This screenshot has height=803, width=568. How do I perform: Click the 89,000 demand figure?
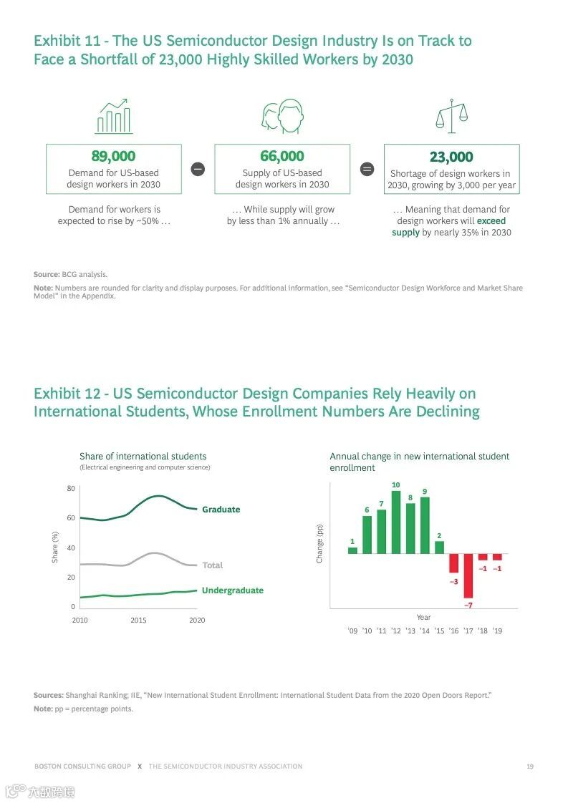point(113,156)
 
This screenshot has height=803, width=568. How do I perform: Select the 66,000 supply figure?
point(282,156)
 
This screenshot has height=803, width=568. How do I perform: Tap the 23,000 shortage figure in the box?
point(451,157)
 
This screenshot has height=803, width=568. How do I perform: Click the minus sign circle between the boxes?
point(198,169)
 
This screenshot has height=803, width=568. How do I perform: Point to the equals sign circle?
point(367,169)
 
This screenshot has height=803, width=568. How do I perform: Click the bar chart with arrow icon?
point(114,116)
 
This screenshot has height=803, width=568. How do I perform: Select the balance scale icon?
point(451,116)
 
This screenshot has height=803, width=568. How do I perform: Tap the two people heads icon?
point(281,117)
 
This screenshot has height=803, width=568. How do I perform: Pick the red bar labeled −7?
point(468,575)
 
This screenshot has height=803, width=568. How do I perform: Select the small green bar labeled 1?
point(352,550)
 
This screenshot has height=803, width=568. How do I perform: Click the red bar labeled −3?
point(453,563)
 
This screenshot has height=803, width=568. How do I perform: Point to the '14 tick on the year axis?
point(425,631)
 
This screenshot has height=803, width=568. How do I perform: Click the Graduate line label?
point(221,510)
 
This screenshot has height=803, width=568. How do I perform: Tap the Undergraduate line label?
point(232,590)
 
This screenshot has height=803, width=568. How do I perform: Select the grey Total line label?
point(212,565)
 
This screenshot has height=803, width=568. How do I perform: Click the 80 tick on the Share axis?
point(71,488)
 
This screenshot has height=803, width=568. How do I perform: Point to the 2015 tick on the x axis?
point(138,620)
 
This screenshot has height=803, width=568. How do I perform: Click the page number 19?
point(530,766)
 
